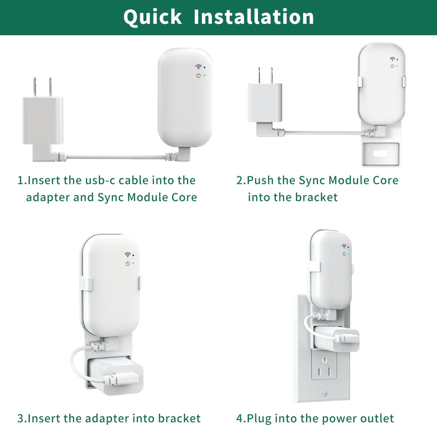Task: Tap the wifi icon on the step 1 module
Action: pyautogui.click(x=198, y=67)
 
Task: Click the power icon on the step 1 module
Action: pyautogui.click(x=198, y=75)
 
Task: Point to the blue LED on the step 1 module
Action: pyautogui.click(x=205, y=67)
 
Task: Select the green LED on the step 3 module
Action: pyautogui.click(x=133, y=263)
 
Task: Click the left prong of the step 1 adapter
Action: pyautogui.click(x=35, y=87)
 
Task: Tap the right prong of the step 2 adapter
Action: pyautogui.click(x=271, y=75)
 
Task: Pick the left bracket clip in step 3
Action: pyautogui.click(x=86, y=283)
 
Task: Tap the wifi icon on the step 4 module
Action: pyautogui.click(x=344, y=246)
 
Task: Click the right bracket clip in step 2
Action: pyautogui.click(x=404, y=82)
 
